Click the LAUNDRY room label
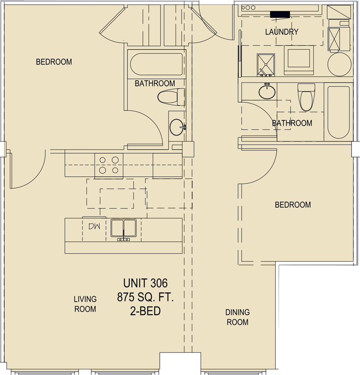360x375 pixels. [282, 32]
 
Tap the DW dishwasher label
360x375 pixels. [94, 226]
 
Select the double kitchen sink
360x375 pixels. [124, 229]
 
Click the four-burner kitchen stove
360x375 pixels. [109, 165]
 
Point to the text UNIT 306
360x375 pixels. [145, 283]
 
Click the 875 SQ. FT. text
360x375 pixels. [145, 297]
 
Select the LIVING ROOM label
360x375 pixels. [85, 304]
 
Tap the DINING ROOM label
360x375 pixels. [237, 317]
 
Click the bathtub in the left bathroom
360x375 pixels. [157, 64]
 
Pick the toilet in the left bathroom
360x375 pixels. [171, 97]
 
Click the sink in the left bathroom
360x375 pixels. [177, 127]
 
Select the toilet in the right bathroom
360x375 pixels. [306, 97]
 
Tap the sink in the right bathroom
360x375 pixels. [267, 91]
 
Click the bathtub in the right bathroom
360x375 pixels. [338, 112]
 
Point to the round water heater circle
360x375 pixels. [339, 64]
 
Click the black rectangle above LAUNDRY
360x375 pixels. [280, 15]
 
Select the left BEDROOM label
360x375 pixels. [54, 62]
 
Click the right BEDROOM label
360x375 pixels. [293, 205]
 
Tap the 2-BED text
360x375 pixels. [145, 311]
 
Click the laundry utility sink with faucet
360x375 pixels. [265, 65]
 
